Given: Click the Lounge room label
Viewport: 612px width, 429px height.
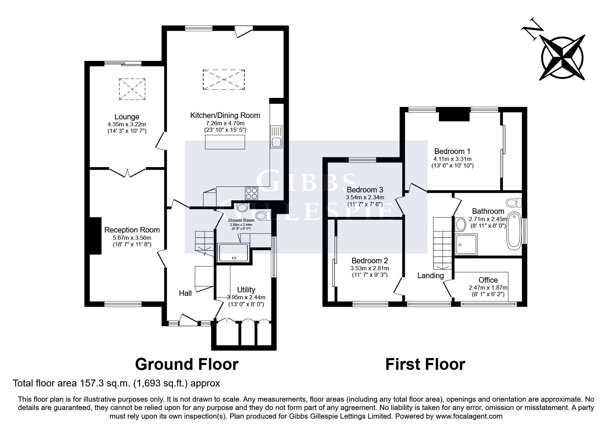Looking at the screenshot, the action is click(x=127, y=117).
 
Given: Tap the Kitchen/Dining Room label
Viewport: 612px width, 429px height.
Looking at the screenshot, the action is click(x=225, y=116).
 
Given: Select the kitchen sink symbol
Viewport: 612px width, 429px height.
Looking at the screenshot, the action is click(x=276, y=137).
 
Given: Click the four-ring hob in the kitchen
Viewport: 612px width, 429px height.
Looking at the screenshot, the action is click(x=251, y=193).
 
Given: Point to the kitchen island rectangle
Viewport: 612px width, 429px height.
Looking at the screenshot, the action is click(x=225, y=142).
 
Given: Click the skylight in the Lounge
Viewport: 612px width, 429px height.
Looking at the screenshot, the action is click(x=132, y=89).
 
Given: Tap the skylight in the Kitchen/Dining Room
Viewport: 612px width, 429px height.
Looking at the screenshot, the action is click(x=225, y=80).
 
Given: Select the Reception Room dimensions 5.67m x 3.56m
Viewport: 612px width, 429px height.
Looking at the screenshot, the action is click(x=132, y=238).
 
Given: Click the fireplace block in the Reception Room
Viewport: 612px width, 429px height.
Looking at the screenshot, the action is click(x=96, y=236).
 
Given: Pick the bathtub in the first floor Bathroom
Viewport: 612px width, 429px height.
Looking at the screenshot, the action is click(x=514, y=231).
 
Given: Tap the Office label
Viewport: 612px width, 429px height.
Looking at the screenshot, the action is click(x=488, y=280).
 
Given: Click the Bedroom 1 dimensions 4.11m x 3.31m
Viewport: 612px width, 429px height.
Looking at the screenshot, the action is click(x=452, y=159).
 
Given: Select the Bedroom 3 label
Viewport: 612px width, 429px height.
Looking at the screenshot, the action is click(x=365, y=190).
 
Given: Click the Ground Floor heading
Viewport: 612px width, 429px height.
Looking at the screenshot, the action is click(x=187, y=364).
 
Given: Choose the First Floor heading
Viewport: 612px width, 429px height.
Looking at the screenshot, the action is click(x=425, y=364).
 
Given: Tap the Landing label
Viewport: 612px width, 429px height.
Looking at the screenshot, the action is click(x=430, y=275).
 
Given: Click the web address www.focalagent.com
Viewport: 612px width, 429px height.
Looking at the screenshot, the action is click(x=469, y=416).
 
